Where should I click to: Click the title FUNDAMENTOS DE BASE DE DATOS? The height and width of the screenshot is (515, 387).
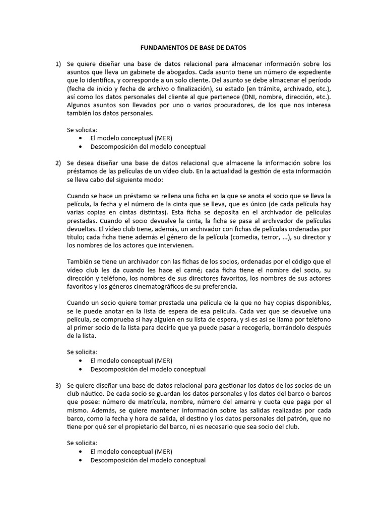193,48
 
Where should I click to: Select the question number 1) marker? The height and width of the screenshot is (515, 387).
58,64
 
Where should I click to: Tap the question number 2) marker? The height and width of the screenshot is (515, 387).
58,163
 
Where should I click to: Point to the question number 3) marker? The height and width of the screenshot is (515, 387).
58,385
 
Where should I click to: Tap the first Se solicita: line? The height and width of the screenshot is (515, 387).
82,130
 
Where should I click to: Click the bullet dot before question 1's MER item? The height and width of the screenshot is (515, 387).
82,138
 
